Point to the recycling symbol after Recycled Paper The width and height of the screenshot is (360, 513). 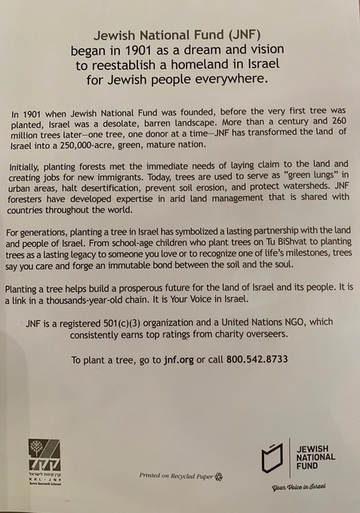click(218, 476)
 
